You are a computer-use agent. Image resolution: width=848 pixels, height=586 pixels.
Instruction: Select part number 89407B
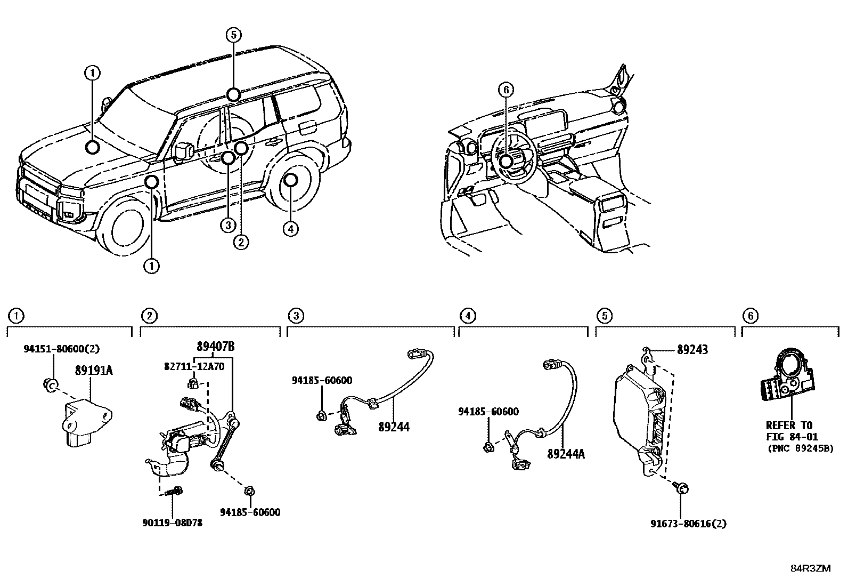[x=215, y=347]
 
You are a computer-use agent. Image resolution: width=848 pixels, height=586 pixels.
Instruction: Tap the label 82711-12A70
[x=194, y=366]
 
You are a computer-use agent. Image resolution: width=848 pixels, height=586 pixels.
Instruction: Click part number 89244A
[x=566, y=454]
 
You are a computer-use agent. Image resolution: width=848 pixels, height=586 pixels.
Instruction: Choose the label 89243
[x=692, y=350]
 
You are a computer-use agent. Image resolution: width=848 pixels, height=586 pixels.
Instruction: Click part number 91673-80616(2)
[x=688, y=524]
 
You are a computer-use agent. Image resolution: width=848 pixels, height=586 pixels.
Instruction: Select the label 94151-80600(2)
[x=61, y=349]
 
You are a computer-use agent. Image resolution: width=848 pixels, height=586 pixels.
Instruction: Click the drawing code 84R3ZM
[x=810, y=568]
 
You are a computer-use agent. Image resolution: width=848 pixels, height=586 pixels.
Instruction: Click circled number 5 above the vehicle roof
[x=233, y=35]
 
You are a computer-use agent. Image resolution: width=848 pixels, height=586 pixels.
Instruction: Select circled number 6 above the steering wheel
[x=506, y=90]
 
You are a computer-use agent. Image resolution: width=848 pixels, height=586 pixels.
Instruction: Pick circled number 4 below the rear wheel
[x=290, y=229]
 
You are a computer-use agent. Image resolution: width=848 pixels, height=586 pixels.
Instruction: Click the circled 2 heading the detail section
[x=149, y=316]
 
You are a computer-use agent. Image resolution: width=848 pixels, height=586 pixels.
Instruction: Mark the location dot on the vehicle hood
[x=93, y=147]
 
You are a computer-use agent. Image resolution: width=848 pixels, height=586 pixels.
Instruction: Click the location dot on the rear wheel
[x=291, y=180]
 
